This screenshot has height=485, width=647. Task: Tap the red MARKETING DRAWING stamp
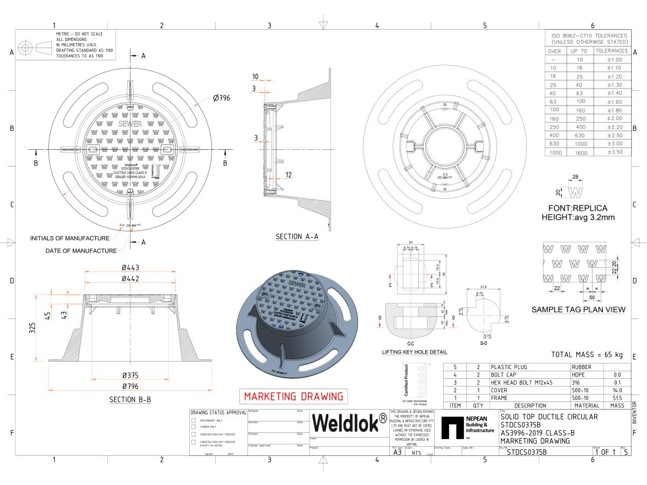293,397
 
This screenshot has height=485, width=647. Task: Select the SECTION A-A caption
297,237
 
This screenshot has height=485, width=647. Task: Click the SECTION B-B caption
130,399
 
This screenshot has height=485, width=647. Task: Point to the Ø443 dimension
130,268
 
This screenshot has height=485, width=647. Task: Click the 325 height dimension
32,328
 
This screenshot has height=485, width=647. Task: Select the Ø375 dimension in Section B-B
130,375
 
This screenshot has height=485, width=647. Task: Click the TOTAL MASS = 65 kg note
587,355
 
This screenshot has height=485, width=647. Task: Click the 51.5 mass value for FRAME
617,398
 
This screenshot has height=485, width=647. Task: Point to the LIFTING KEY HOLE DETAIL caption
414,352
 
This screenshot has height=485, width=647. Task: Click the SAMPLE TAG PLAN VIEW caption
579,309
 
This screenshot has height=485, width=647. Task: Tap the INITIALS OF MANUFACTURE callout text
70,238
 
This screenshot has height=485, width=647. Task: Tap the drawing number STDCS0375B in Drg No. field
526,452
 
